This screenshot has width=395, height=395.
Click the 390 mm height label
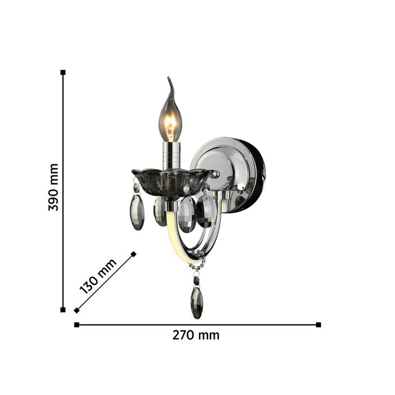[x=54, y=187]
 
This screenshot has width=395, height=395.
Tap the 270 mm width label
[x=196, y=335]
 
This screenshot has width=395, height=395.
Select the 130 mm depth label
[x=98, y=276]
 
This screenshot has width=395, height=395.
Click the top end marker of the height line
[x=63, y=72]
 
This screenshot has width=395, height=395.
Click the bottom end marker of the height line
[x=63, y=310]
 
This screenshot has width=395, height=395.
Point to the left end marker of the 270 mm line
[x=77, y=324]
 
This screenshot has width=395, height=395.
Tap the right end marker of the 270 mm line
[x=318, y=324]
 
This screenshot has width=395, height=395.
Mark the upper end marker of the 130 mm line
[x=134, y=254]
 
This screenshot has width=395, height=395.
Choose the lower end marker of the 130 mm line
[x=77, y=310]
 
